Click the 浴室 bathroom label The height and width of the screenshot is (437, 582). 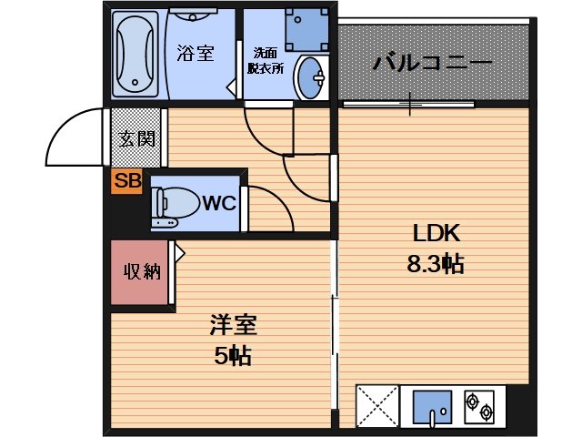point(196,53)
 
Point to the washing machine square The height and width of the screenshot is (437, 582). point(307,29)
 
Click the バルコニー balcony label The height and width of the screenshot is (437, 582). point(432,65)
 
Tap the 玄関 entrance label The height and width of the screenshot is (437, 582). point(136,138)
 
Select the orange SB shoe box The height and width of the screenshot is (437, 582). point(126,181)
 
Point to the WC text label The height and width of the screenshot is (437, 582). point(218,203)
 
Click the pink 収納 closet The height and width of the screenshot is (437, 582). point(142,271)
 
